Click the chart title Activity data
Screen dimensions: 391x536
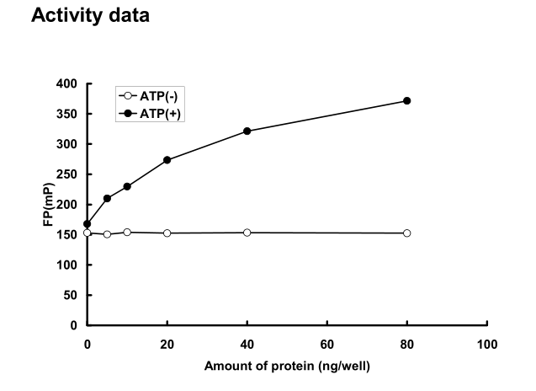click(x=89, y=15)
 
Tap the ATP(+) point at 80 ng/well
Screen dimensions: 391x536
click(x=406, y=100)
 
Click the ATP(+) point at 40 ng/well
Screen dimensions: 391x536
click(x=247, y=131)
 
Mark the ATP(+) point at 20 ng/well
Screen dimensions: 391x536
click(x=167, y=160)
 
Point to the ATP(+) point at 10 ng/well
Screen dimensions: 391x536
click(x=127, y=186)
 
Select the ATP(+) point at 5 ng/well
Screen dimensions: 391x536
click(x=107, y=198)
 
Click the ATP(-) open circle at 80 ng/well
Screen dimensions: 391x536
click(x=406, y=233)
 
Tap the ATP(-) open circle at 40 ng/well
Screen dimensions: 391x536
click(x=247, y=233)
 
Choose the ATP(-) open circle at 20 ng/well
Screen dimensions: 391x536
click(x=167, y=233)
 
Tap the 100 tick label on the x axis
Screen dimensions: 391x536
click(x=486, y=344)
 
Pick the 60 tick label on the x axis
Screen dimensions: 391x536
click(x=326, y=344)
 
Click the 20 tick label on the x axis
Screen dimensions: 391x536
click(x=167, y=344)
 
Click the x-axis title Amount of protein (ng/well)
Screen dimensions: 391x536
click(x=286, y=367)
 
